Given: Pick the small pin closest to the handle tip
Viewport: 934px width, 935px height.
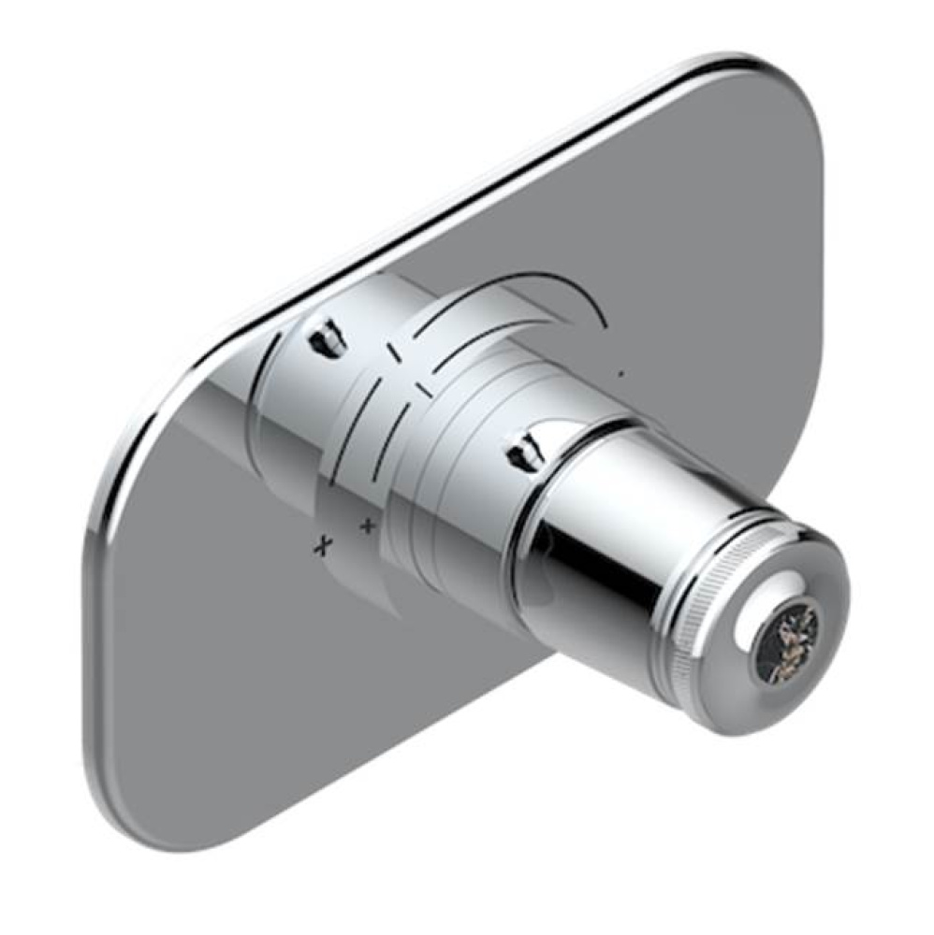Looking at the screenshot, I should (x=525, y=447).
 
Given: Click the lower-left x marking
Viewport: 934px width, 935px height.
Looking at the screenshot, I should (x=324, y=546).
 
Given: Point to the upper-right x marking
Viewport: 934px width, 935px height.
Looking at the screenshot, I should (x=367, y=526).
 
